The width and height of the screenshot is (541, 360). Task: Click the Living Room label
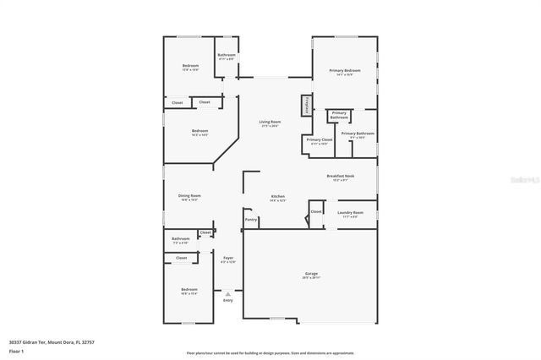tap(270, 122)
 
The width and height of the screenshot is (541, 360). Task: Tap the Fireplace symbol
tap(306, 106)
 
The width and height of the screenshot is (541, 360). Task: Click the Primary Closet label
tap(319, 139)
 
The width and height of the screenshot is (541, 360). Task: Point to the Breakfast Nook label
tap(342, 176)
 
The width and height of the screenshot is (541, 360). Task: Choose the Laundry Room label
tap(350, 212)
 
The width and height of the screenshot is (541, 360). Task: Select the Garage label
tap(311, 274)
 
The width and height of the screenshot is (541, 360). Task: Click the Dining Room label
tap(189, 196)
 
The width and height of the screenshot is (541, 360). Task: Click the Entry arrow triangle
tap(227, 293)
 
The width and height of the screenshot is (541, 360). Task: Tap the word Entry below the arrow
tap(227, 300)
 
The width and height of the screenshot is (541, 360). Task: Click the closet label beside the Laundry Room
tap(315, 211)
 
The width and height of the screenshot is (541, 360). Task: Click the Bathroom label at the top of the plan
tap(226, 56)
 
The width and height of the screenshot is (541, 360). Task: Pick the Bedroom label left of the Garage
tap(189, 290)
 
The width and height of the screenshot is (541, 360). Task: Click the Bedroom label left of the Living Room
tap(199, 131)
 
